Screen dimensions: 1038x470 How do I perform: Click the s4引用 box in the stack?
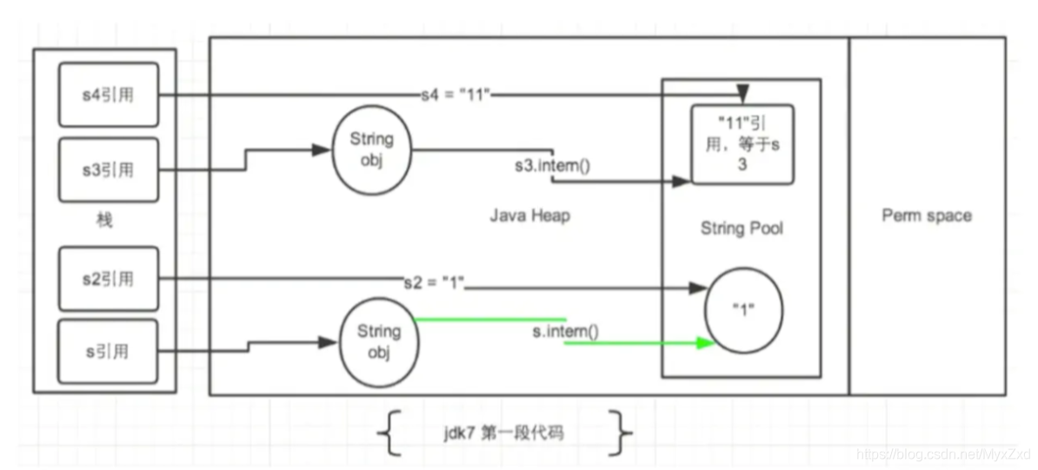coord(109,95)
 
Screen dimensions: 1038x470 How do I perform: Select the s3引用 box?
coord(109,169)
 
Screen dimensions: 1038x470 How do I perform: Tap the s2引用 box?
coord(109,279)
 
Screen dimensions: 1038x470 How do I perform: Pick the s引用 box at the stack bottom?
coord(109,352)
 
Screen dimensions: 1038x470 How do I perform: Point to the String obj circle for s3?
coord(371,150)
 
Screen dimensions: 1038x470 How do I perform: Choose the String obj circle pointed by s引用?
coord(379,341)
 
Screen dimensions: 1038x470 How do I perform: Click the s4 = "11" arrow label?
coord(456,95)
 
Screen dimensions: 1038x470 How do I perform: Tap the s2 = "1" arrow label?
coord(435,281)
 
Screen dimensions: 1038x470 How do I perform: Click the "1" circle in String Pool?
coord(744,310)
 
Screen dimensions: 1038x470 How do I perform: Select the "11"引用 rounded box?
coord(742,144)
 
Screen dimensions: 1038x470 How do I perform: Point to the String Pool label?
coord(742,228)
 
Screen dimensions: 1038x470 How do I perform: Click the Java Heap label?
coord(529,215)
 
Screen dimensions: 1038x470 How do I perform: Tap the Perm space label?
coord(927,215)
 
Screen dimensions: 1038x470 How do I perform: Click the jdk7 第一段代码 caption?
coord(503,434)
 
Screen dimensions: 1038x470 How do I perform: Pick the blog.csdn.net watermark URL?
coord(944,454)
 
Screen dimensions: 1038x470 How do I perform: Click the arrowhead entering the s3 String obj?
coord(321,150)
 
